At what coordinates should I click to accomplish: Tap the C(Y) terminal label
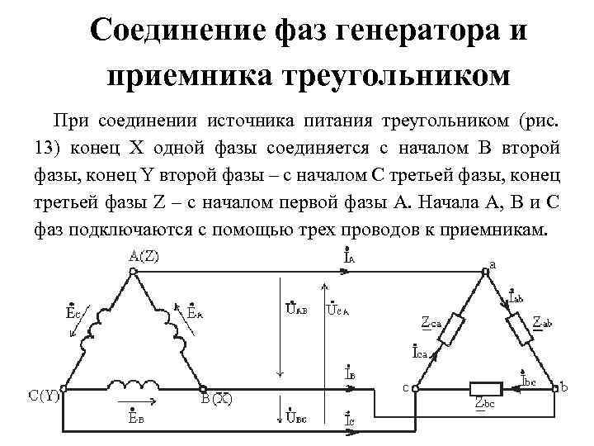click(42, 397)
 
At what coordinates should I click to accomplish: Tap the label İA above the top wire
click(350, 255)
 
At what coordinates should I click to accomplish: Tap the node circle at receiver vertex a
click(484, 269)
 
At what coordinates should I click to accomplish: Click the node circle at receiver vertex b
click(554, 387)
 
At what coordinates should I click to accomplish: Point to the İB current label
click(350, 373)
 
